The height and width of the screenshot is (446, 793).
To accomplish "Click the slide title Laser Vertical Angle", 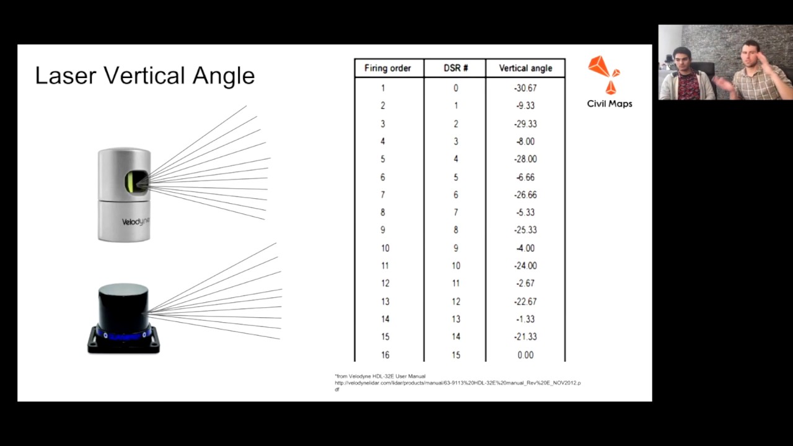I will click(x=145, y=76).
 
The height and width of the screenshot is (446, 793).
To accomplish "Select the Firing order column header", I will click(x=387, y=68).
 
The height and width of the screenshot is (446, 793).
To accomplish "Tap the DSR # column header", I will click(x=455, y=68).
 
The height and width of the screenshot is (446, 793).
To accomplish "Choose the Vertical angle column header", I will click(x=525, y=68).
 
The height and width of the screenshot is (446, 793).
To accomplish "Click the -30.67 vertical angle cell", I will click(x=525, y=88).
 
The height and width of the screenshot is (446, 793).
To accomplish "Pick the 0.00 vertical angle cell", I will click(x=525, y=355).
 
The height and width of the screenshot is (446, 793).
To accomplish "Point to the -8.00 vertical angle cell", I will click(x=525, y=141).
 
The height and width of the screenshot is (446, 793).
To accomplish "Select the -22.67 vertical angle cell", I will click(x=525, y=302).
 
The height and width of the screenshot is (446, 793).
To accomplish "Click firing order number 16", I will click(x=385, y=355).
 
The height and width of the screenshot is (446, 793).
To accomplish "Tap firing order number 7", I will click(x=383, y=195).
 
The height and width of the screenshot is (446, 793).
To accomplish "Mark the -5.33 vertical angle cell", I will click(x=525, y=212).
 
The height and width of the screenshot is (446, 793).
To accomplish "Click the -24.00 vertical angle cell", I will click(x=525, y=266).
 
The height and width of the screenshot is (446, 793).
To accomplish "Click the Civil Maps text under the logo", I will click(x=610, y=104).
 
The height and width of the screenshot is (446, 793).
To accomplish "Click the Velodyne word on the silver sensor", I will click(x=136, y=221).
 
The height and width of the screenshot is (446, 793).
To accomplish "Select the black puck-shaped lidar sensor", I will click(x=124, y=318).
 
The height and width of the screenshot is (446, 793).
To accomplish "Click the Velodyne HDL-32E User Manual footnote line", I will click(x=381, y=376).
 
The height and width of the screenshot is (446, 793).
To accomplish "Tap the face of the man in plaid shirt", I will click(x=750, y=55).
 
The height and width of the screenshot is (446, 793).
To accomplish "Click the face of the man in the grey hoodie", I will click(x=680, y=61).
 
